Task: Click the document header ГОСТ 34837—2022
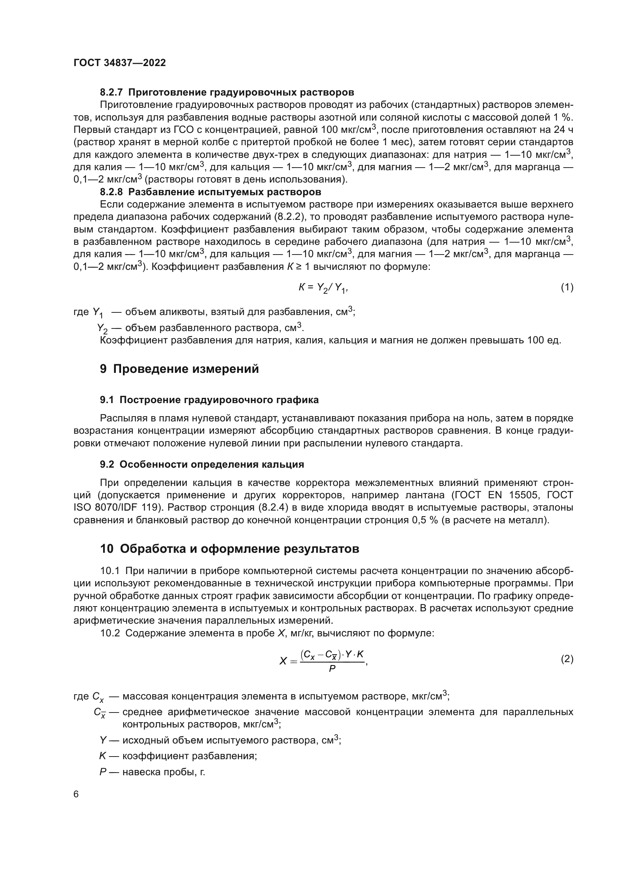point(120,63)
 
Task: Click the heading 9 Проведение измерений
point(179,369)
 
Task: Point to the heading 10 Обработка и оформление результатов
point(229,549)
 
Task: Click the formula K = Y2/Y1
point(323,288)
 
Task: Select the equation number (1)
point(567,287)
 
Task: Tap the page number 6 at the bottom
point(76,794)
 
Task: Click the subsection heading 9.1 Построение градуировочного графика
point(209,400)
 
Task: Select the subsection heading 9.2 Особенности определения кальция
point(202,464)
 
